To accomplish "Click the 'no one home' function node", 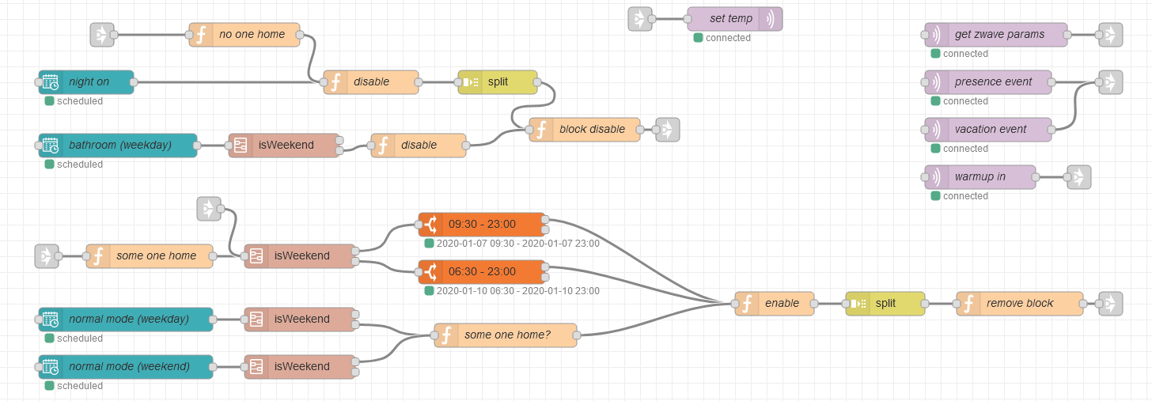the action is pos(244,35).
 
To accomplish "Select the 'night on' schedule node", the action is pos(86,81).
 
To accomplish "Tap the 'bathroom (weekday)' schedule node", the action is pos(118,145).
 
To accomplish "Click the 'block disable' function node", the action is pos(585,129).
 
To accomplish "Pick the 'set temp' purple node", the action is pos(735,19).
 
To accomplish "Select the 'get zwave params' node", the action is pos(995,35).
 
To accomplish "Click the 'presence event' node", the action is pos(988,81).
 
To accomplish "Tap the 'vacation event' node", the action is pos(988,129).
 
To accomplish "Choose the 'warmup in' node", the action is pos(980,177).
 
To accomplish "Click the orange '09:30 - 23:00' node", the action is pos(482,224).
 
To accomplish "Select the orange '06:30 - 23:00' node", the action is pos(482,271).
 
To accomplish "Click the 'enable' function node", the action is pos(775,304).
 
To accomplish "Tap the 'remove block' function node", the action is pos(1020,304).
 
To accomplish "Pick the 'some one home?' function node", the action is pos(506,335).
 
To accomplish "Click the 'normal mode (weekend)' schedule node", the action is pos(126,366).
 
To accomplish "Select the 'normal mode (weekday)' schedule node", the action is pos(126,320).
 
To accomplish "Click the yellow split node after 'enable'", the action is pos(885,304).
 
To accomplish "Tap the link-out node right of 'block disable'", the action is pos(668,130).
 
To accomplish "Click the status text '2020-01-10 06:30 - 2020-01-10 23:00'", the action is pos(518,291).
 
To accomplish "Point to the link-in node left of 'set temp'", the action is pos(640,19).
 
